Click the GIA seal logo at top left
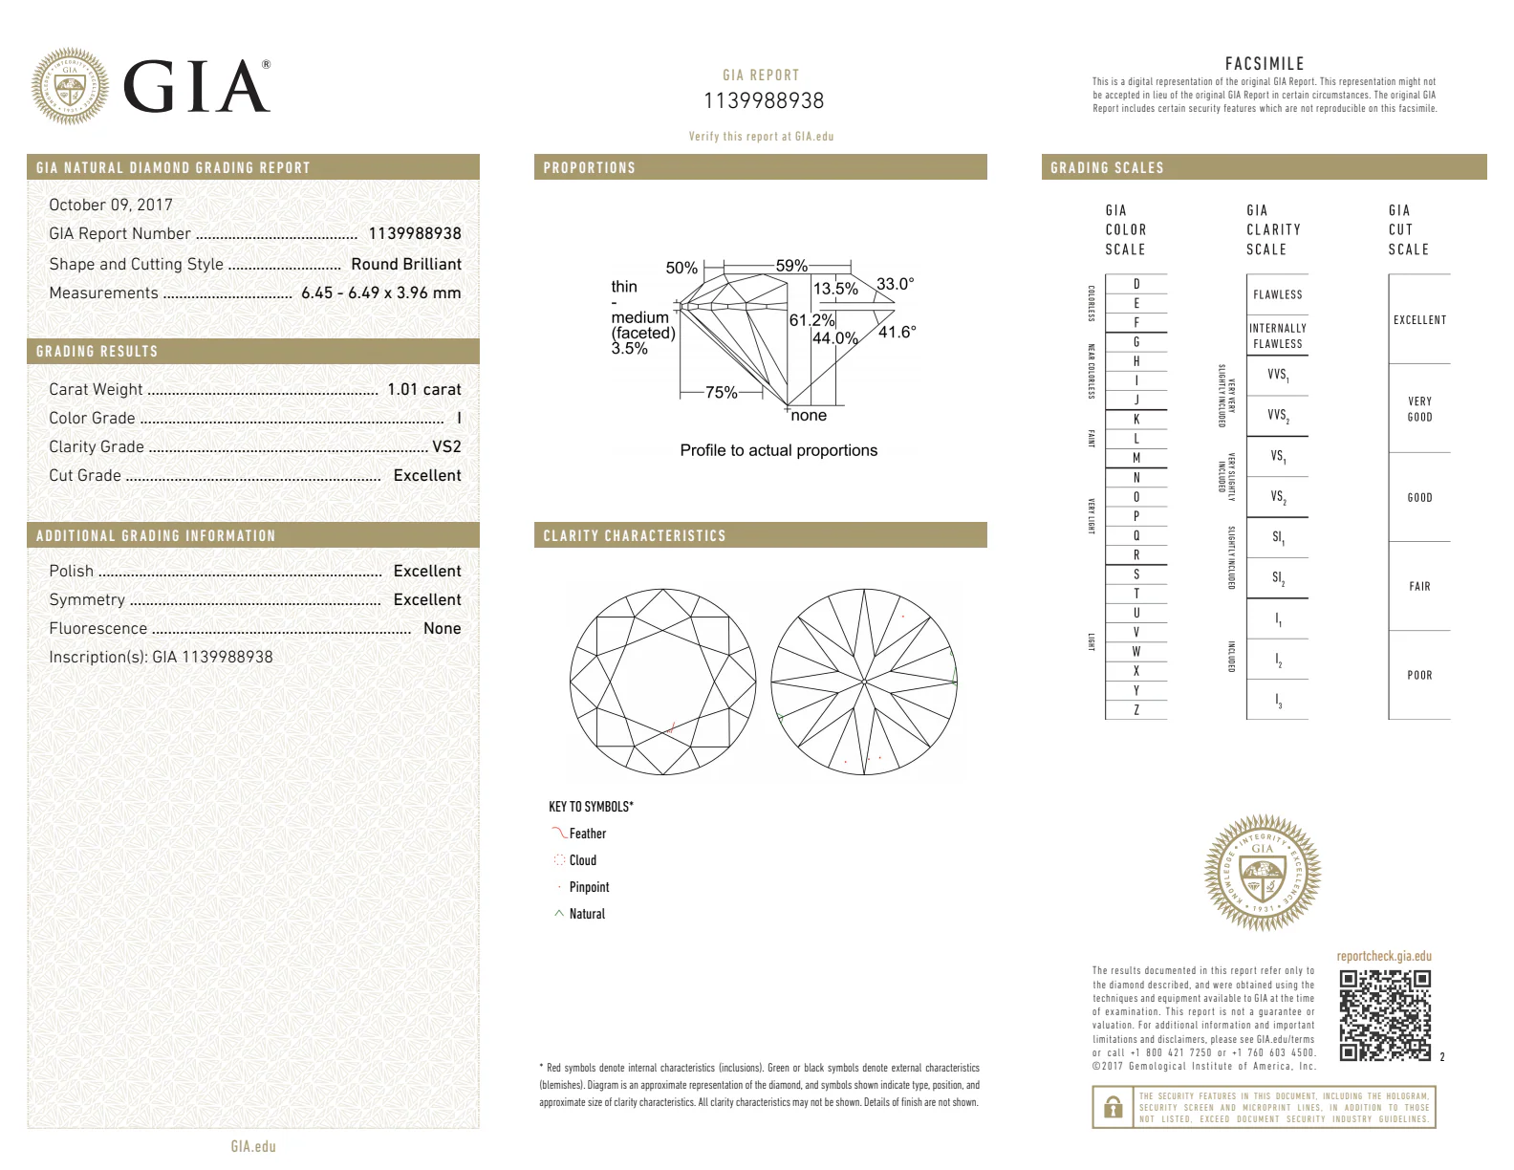[70, 87]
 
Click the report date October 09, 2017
[111, 205]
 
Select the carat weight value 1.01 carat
[423, 389]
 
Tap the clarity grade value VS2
[446, 446]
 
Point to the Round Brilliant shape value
[405, 264]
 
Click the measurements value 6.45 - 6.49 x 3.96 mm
[380, 292]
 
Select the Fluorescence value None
[442, 628]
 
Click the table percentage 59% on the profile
[790, 266]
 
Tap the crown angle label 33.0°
[895, 284]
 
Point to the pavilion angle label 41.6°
[897, 332]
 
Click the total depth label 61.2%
[811, 320]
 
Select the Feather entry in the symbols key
[587, 834]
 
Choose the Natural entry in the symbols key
[587, 914]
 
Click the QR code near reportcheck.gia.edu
[1384, 1015]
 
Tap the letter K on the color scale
[1135, 419]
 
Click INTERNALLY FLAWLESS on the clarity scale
[1277, 336]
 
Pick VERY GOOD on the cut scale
[1419, 409]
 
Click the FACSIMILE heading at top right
[1264, 64]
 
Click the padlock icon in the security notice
[1112, 1107]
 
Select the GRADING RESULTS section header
[97, 352]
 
